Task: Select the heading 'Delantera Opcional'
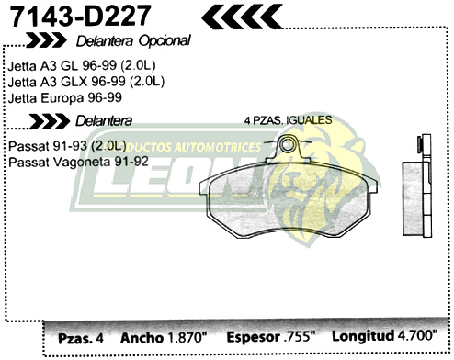point(134,40)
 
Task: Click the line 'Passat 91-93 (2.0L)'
point(66,147)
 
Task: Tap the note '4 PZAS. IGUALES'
point(288,121)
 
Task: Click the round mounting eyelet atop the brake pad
point(290,143)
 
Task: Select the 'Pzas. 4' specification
point(81,338)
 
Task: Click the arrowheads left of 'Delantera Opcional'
point(45,40)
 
